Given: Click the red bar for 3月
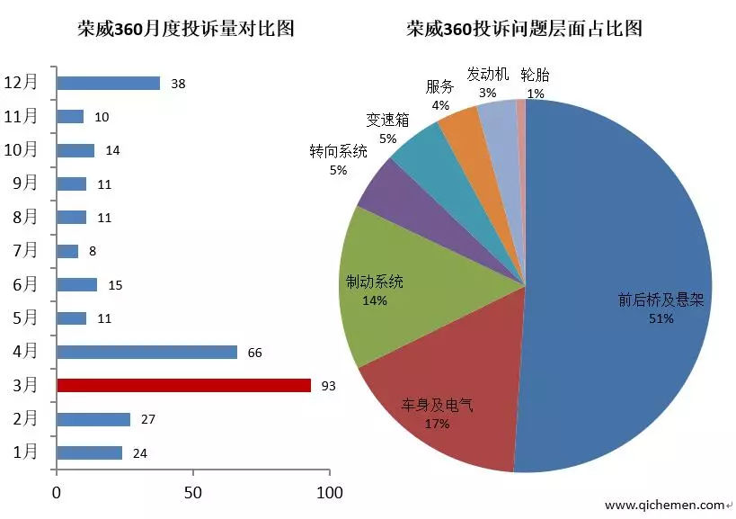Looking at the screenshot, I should pyautogui.click(x=183, y=385).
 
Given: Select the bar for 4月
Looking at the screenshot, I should pyautogui.click(x=146, y=352).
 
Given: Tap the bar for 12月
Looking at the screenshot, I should pyautogui.click(x=108, y=83).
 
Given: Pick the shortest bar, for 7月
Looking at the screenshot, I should pyautogui.click(x=67, y=251).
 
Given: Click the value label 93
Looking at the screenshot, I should pyautogui.click(x=328, y=386).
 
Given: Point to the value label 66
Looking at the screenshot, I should pyautogui.click(x=254, y=353).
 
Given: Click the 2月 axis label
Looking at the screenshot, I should pyautogui.click(x=25, y=419).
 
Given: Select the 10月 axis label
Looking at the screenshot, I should pyautogui.click(x=22, y=149).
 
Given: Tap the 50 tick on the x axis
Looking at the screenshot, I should pyautogui.click(x=193, y=493).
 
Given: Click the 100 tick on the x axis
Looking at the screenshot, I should pyautogui.click(x=330, y=493).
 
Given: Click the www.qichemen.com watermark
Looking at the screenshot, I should pyautogui.click(x=664, y=505).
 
